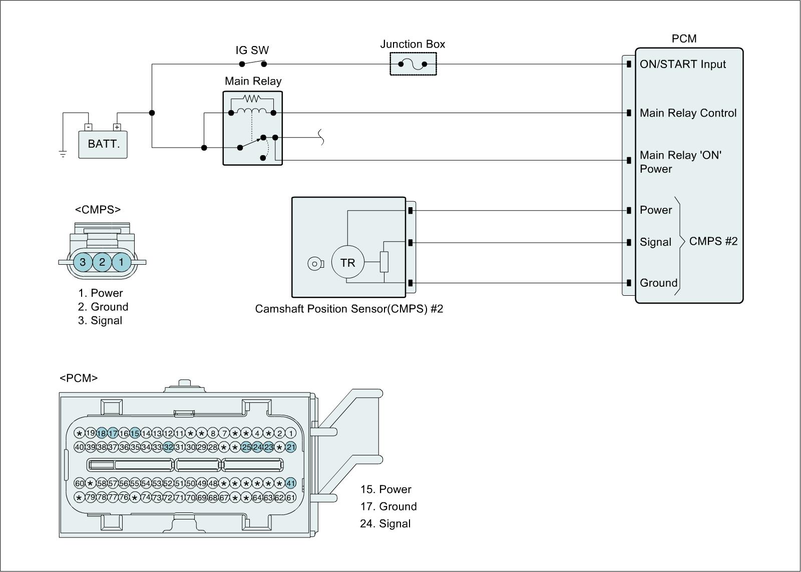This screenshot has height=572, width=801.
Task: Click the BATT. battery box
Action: coord(103,144)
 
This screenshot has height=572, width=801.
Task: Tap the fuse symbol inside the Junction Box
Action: coord(413,64)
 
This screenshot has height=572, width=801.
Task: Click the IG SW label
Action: coord(252,50)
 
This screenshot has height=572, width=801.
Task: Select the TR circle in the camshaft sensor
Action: coord(347,262)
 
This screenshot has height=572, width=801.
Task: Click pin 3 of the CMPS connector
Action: coord(83,262)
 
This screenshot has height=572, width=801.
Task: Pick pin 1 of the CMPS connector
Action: coord(121,262)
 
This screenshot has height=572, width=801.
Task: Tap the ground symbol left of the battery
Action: coord(63,154)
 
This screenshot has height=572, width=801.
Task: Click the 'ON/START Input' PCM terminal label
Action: coord(682,64)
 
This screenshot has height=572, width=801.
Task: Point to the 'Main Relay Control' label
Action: coord(688,113)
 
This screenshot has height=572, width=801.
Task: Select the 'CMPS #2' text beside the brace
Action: coord(713,241)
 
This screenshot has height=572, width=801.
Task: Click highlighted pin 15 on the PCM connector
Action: coord(135,433)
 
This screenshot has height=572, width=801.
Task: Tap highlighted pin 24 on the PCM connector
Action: coord(257,447)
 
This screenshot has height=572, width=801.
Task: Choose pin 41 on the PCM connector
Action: coord(291,483)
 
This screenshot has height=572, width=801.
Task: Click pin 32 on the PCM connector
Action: coord(168,447)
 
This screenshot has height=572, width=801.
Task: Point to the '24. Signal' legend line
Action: coord(385,523)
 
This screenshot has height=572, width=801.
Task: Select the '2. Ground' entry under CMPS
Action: coord(103,307)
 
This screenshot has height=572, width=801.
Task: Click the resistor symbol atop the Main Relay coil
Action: coord(252,99)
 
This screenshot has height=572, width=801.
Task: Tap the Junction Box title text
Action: coord(413,44)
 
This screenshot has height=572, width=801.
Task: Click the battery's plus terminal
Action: coord(117,127)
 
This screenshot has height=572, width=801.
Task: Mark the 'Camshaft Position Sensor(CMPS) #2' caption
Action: coord(349,309)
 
